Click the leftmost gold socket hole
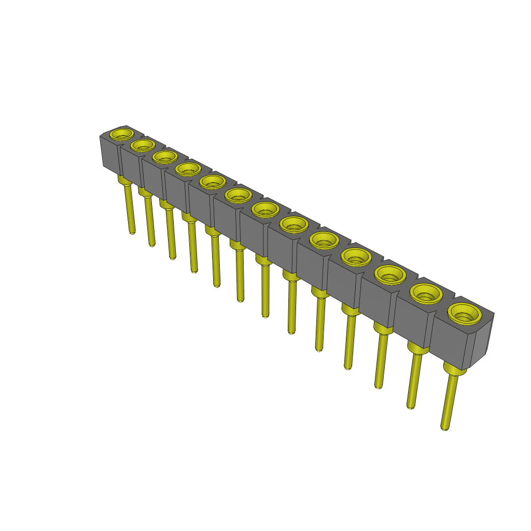pos(121,134)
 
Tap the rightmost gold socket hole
pos(465,313)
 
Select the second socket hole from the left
pos(143,145)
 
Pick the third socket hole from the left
pos(165,156)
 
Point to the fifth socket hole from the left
pos(212,181)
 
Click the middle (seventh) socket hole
pos(265,209)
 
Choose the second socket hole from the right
pos(426,294)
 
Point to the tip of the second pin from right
pos(410,407)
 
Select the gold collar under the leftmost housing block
pos(124,180)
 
